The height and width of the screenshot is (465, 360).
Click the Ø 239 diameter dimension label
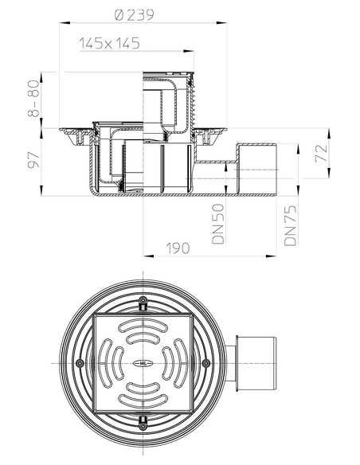(x=135, y=15)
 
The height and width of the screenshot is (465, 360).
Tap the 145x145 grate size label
(x=109, y=43)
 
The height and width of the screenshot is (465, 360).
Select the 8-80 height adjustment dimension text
(x=33, y=99)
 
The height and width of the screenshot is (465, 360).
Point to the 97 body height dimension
(x=33, y=160)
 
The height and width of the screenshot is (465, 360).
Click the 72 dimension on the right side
(x=322, y=154)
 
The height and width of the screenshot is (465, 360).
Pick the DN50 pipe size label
(x=218, y=224)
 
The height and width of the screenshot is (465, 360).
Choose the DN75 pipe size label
(x=291, y=225)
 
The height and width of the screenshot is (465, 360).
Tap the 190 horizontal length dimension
(x=178, y=248)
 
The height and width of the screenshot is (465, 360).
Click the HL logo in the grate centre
(x=143, y=363)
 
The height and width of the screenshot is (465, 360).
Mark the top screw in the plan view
(x=143, y=300)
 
